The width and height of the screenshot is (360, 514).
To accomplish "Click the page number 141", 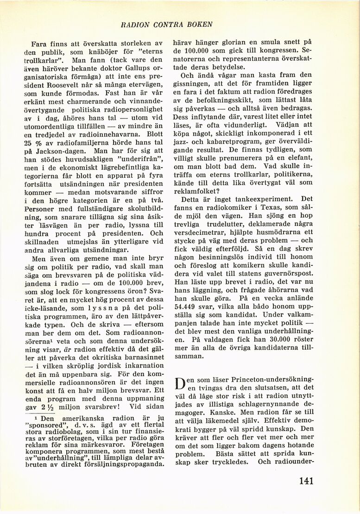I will tap(306, 481).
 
